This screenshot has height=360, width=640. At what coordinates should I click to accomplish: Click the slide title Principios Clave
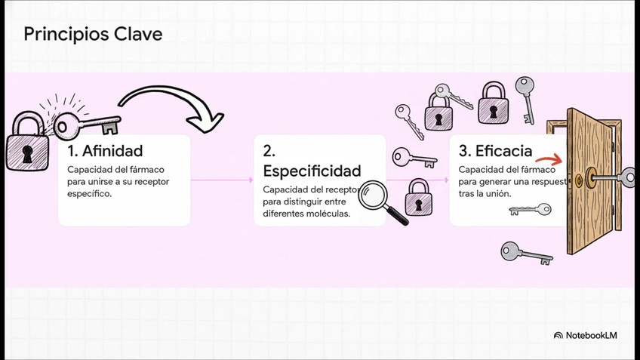(93, 35)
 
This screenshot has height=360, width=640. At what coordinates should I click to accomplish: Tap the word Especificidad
(312, 171)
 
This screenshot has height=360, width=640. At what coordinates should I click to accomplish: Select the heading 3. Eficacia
(495, 150)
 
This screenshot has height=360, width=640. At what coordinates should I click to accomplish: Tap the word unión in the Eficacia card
(499, 193)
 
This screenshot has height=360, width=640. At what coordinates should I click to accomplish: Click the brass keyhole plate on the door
(579, 180)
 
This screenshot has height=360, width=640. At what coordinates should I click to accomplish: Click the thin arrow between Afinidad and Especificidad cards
(222, 180)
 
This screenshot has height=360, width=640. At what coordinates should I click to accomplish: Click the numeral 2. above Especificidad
(267, 150)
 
